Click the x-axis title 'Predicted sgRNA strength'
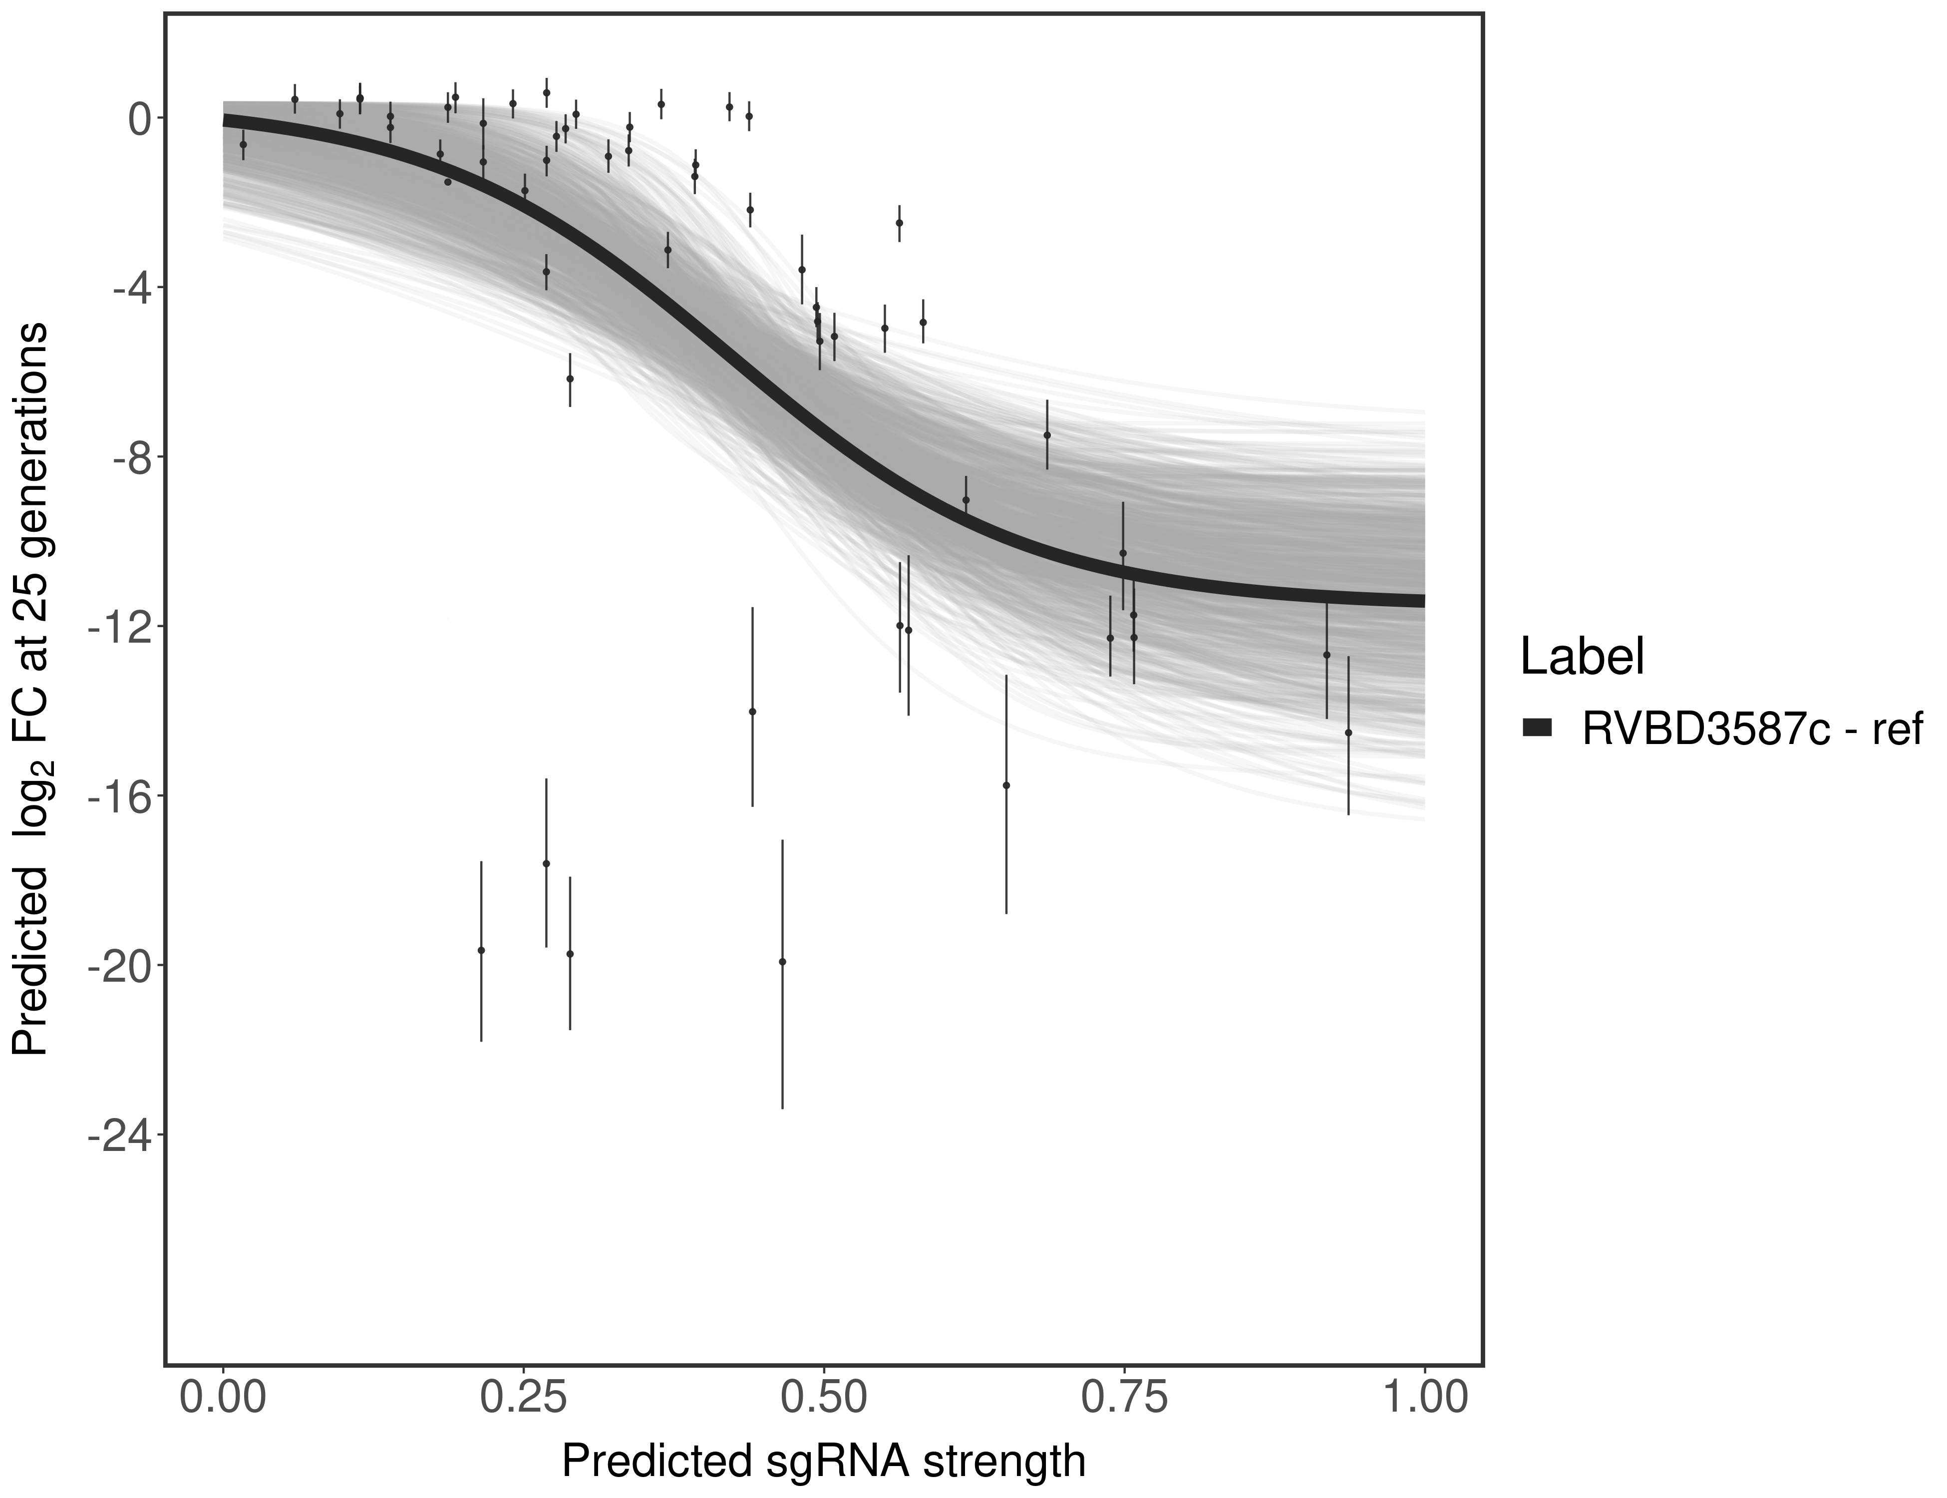coord(824,1463)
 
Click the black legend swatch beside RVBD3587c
coord(1538,729)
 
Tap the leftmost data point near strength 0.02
coord(244,144)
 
